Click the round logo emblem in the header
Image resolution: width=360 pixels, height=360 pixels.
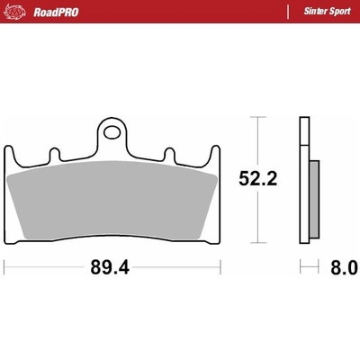16,12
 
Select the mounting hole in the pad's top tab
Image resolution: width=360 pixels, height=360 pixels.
112,132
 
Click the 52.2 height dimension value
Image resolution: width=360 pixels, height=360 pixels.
256,178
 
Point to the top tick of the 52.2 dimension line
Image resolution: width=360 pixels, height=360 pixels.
256,117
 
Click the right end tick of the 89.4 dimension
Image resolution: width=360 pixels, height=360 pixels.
220,267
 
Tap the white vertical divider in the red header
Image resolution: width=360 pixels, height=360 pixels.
286,12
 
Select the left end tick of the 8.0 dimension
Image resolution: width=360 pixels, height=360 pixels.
301,267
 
